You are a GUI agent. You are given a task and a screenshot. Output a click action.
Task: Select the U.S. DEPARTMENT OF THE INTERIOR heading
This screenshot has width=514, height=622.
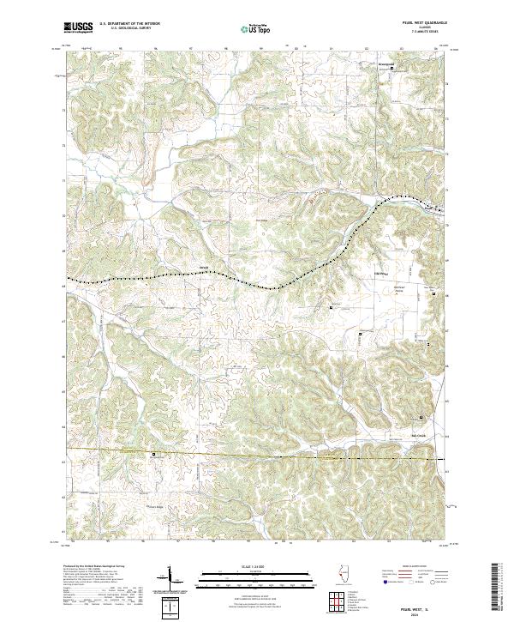click(x=129, y=24)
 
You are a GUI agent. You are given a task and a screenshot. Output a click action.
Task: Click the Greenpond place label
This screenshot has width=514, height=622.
click(x=388, y=63)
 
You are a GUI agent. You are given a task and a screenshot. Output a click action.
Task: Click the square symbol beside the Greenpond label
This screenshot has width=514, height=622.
click(x=393, y=69)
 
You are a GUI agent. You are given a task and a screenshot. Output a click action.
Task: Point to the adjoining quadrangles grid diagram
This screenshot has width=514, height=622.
click(x=336, y=602)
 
